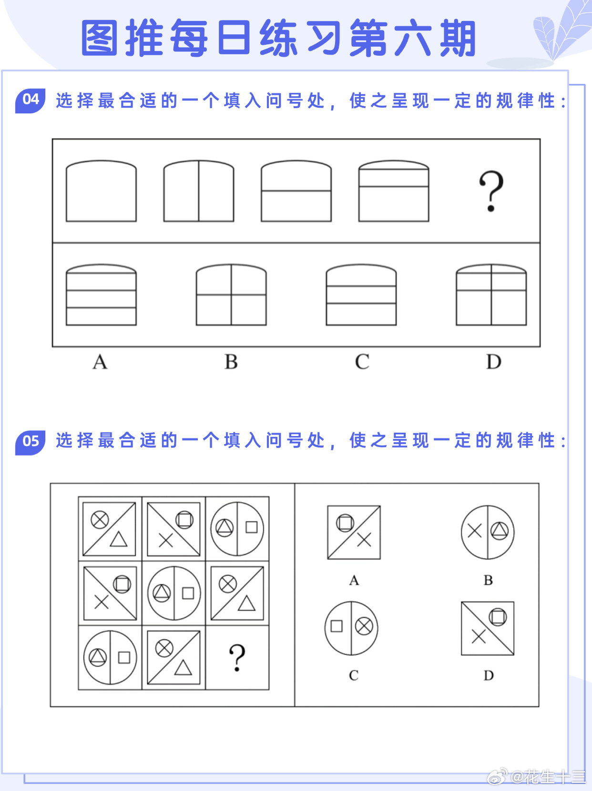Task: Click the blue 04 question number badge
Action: click(30, 100)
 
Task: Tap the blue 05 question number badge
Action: click(30, 441)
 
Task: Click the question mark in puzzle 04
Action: click(491, 191)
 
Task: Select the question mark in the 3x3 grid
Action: click(237, 658)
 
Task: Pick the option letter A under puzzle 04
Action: click(100, 362)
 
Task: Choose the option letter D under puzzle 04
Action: click(493, 362)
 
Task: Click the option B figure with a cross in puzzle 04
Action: click(231, 295)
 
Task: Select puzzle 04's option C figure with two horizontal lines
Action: click(361, 295)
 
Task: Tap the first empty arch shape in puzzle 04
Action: click(101, 191)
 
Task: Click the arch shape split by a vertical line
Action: click(199, 191)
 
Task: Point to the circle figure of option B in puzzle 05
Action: click(488, 532)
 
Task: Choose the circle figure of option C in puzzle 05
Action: click(351, 628)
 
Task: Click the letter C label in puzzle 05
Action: click(354, 676)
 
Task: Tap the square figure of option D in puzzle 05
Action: click(488, 628)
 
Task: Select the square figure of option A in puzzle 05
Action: click(354, 532)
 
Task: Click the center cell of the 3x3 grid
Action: click(174, 593)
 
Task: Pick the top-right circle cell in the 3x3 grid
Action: click(237, 528)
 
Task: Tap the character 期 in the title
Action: click(458, 38)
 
